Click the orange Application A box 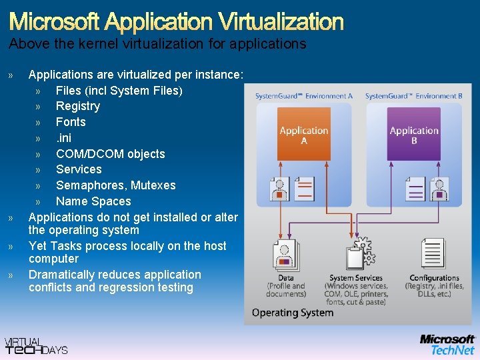click(x=303, y=135)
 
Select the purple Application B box click(x=414, y=135)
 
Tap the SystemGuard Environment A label click(x=304, y=97)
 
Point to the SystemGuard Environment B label click(x=413, y=97)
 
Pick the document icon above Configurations click(x=433, y=254)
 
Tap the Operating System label click(x=293, y=313)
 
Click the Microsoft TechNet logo click(x=447, y=344)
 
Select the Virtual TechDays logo click(x=36, y=345)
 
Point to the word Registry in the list click(x=78, y=106)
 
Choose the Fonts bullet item click(x=71, y=122)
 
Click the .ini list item click(x=63, y=138)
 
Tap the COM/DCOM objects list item click(x=110, y=154)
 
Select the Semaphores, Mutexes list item click(x=115, y=185)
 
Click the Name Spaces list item click(x=93, y=201)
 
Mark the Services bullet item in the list click(x=79, y=169)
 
